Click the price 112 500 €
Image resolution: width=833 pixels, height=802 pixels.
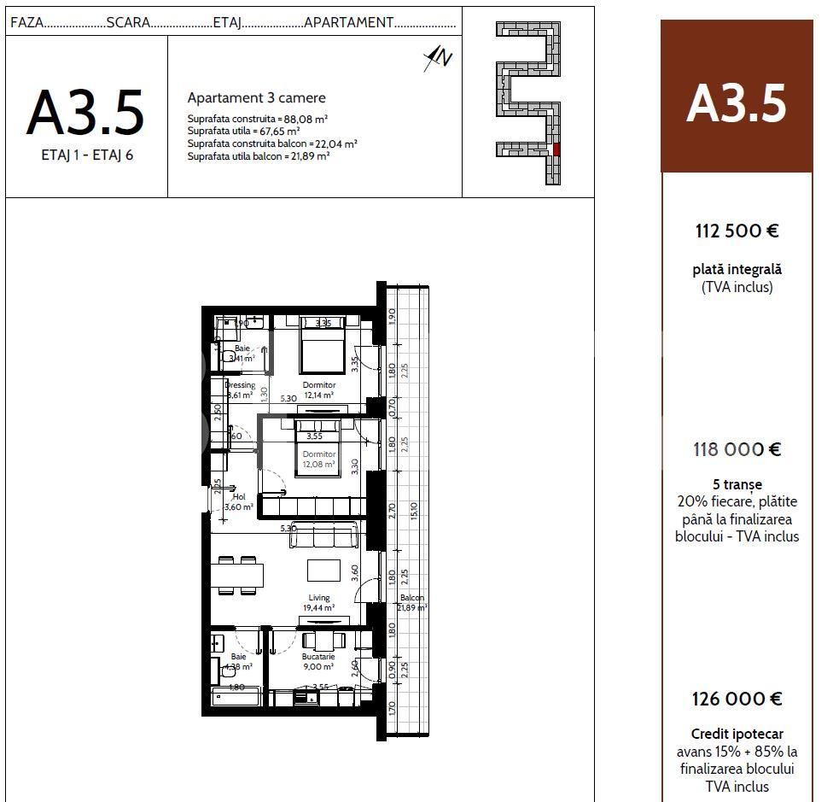[x=737, y=231]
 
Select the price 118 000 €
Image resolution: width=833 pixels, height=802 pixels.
[x=737, y=449]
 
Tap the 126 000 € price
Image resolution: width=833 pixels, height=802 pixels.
[x=737, y=699]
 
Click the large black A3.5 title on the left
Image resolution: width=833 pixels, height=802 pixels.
[x=85, y=114]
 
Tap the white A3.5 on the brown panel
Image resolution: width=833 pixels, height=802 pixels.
[x=736, y=104]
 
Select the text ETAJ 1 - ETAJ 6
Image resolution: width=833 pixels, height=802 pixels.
[x=87, y=156]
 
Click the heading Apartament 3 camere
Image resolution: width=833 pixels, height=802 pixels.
[x=256, y=98]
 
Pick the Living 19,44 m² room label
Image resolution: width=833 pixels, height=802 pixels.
[x=318, y=603]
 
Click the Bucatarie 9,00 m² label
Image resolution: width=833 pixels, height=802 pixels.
[x=317, y=661]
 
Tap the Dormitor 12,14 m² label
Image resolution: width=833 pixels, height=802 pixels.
[x=318, y=389]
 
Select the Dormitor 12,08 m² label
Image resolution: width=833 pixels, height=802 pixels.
[x=318, y=460]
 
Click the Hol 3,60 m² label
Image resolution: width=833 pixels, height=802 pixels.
[x=238, y=501]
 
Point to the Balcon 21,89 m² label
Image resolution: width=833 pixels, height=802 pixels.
[x=411, y=602]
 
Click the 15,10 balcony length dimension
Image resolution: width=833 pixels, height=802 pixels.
[x=414, y=511]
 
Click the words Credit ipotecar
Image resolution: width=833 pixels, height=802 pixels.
[x=737, y=734]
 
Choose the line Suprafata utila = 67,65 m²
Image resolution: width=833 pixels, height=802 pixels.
[x=243, y=132]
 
